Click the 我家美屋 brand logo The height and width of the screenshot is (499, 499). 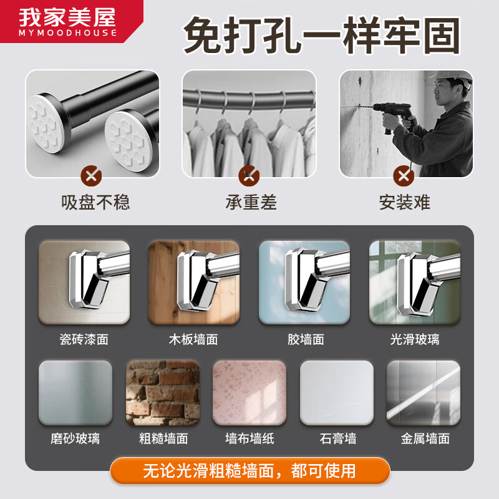[68, 22]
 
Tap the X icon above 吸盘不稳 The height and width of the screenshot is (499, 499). [91, 176]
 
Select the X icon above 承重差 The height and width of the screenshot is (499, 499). [249, 176]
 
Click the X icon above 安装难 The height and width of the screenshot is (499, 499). [404, 176]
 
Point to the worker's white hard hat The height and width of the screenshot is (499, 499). [452, 76]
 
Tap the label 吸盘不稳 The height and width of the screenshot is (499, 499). [95, 202]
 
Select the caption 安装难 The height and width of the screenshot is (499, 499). [404, 202]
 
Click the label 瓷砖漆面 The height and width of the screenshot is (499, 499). [84, 339]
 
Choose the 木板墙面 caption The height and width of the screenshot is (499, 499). [193, 339]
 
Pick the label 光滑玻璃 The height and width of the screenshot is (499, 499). [415, 339]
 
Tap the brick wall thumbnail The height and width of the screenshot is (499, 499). [163, 393]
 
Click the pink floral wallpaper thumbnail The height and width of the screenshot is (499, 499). [249, 393]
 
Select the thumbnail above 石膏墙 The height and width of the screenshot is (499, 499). [337, 393]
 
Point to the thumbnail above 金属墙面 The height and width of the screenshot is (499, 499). [424, 393]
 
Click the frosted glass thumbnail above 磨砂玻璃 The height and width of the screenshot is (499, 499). [75, 393]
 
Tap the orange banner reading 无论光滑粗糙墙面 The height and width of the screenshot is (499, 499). [250, 471]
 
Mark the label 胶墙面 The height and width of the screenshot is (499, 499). [306, 339]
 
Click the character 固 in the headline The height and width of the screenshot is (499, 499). [442, 36]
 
